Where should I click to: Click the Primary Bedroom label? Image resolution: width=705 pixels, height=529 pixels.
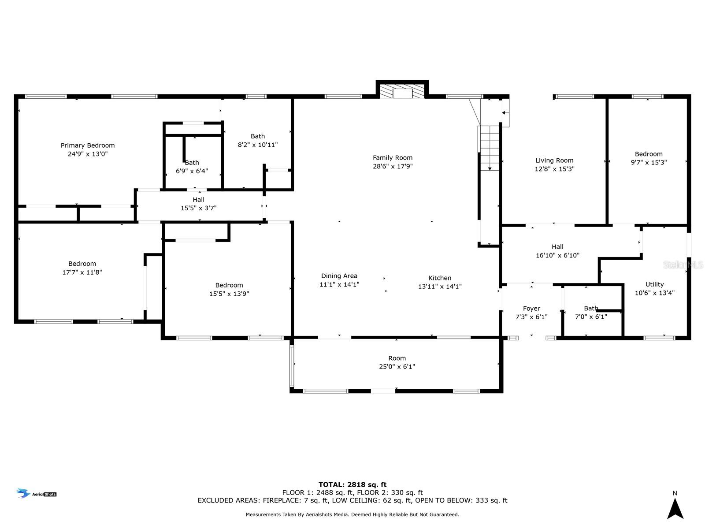point(88,145)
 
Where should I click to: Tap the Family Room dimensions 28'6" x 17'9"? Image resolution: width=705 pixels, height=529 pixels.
point(393,166)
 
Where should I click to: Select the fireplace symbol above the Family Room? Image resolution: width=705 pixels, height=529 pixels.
point(402,91)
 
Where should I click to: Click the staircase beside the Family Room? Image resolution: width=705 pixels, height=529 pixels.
point(490,148)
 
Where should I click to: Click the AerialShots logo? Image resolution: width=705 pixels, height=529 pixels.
point(37,493)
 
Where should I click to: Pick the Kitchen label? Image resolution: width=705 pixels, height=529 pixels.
point(440,278)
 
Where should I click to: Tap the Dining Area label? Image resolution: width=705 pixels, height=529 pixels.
point(339,276)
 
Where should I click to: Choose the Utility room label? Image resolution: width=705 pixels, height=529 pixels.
point(655,285)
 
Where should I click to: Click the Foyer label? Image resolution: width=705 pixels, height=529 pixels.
point(531,309)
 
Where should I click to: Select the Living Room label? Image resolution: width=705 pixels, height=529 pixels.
point(554,160)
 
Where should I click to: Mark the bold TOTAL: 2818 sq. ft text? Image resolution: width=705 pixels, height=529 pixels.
point(352,484)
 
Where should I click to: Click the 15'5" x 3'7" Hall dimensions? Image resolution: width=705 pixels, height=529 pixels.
point(198,208)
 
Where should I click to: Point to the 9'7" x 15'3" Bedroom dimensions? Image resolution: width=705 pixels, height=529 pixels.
point(649,163)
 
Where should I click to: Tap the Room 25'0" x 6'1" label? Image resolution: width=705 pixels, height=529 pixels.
point(397,362)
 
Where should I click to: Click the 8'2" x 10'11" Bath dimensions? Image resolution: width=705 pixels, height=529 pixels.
point(258,145)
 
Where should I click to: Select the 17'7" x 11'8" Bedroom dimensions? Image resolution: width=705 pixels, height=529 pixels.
point(82,272)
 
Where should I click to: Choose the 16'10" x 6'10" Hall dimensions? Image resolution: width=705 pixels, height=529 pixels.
point(557,255)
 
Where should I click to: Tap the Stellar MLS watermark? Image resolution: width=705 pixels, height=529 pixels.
point(683,265)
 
